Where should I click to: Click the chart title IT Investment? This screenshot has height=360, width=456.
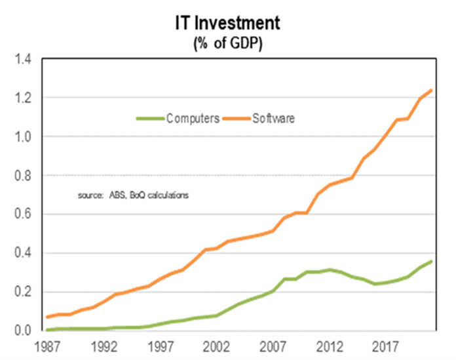(x=227, y=24)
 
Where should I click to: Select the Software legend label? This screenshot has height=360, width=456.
(x=274, y=119)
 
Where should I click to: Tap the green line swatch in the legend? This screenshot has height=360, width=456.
(x=150, y=119)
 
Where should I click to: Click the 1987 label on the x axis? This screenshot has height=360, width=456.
(x=47, y=345)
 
